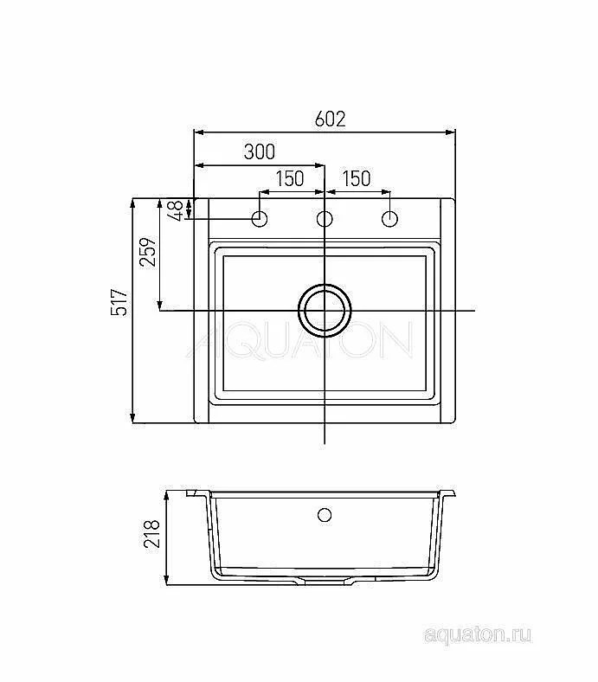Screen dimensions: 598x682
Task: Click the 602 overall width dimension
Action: (330, 119)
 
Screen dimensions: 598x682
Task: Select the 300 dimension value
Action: (260, 151)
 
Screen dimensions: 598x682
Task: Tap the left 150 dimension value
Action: (290, 178)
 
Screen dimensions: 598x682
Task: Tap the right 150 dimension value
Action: (357, 178)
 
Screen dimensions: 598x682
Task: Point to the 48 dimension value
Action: (177, 211)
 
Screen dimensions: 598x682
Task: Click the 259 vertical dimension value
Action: (148, 252)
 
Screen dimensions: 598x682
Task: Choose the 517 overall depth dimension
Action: (119, 302)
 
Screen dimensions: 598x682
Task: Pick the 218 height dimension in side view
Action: (152, 534)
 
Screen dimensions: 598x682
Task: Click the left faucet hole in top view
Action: (260, 219)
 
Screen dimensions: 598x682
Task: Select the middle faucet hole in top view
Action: (325, 219)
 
